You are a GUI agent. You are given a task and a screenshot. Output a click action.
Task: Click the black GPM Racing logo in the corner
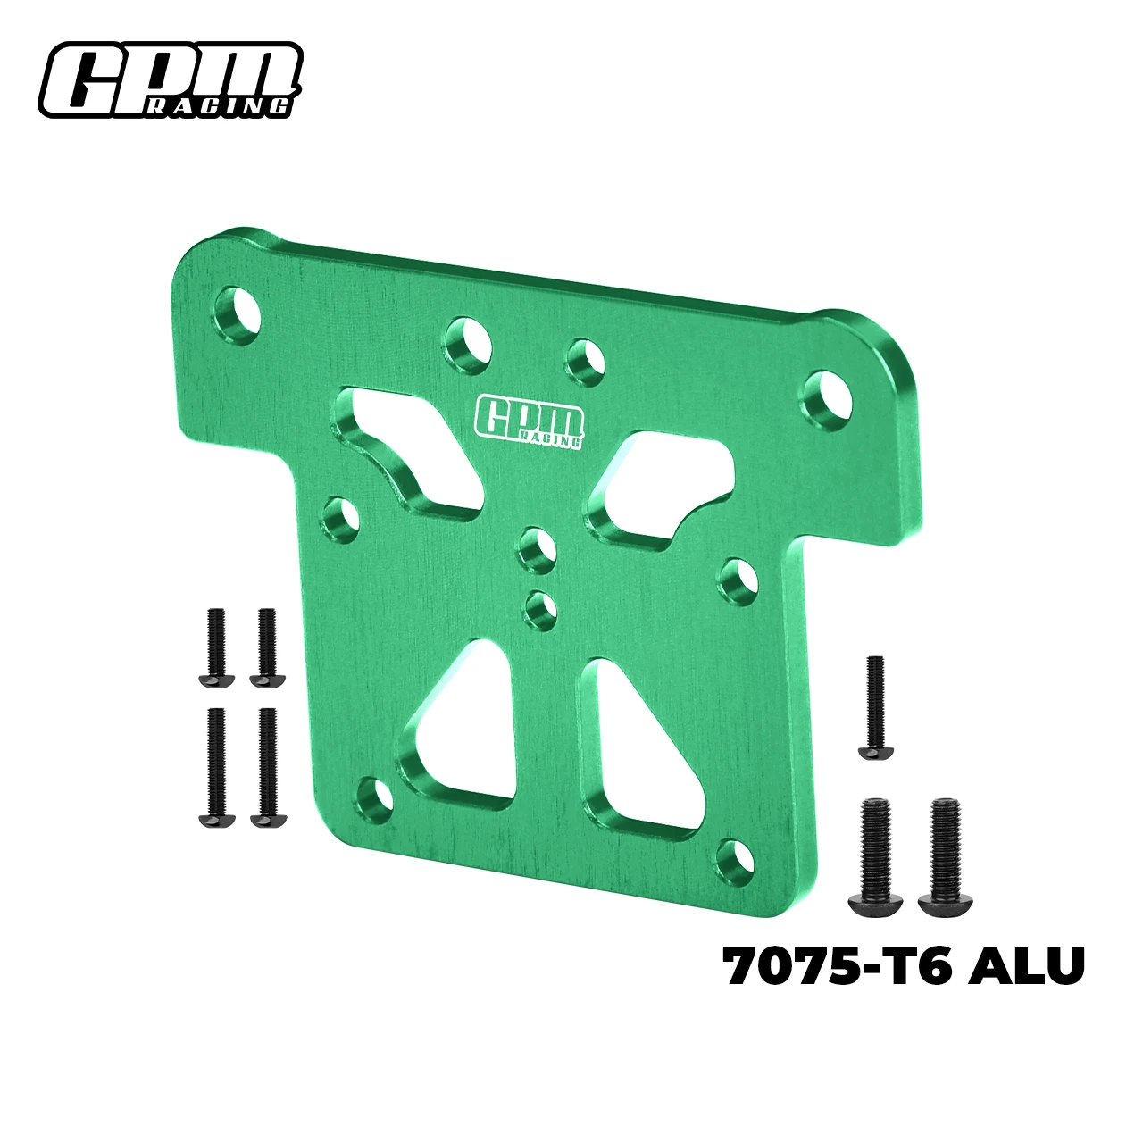[170, 79]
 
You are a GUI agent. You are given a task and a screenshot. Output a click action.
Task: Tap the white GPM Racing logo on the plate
[530, 421]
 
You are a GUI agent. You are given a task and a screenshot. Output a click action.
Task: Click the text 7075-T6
[835, 966]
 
